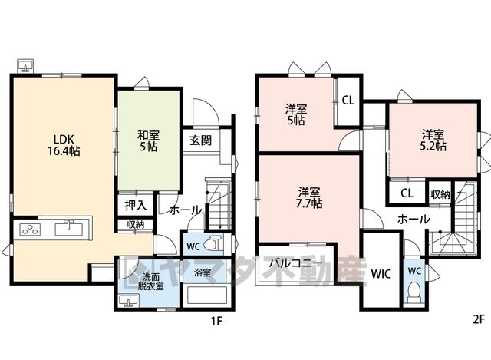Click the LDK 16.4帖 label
pos(64,145)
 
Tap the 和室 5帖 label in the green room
pos(148,141)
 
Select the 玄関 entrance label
pos(201,140)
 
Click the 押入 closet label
pos(136,205)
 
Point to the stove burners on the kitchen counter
pos(30,230)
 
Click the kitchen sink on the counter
pos(69,228)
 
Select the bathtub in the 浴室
pos(206,295)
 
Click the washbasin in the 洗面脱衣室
pos(128,300)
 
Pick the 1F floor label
pos(216,321)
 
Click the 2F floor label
pos(479,320)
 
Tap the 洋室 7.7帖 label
pos(309,198)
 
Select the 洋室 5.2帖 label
pos(433,140)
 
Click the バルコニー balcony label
pos(296,263)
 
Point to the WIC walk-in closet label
pos(381,274)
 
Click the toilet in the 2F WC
pos(414,291)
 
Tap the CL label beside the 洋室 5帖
pos(348,101)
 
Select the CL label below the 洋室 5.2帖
pos(407,193)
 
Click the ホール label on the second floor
pos(414,219)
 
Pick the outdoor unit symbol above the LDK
pos(25,66)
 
